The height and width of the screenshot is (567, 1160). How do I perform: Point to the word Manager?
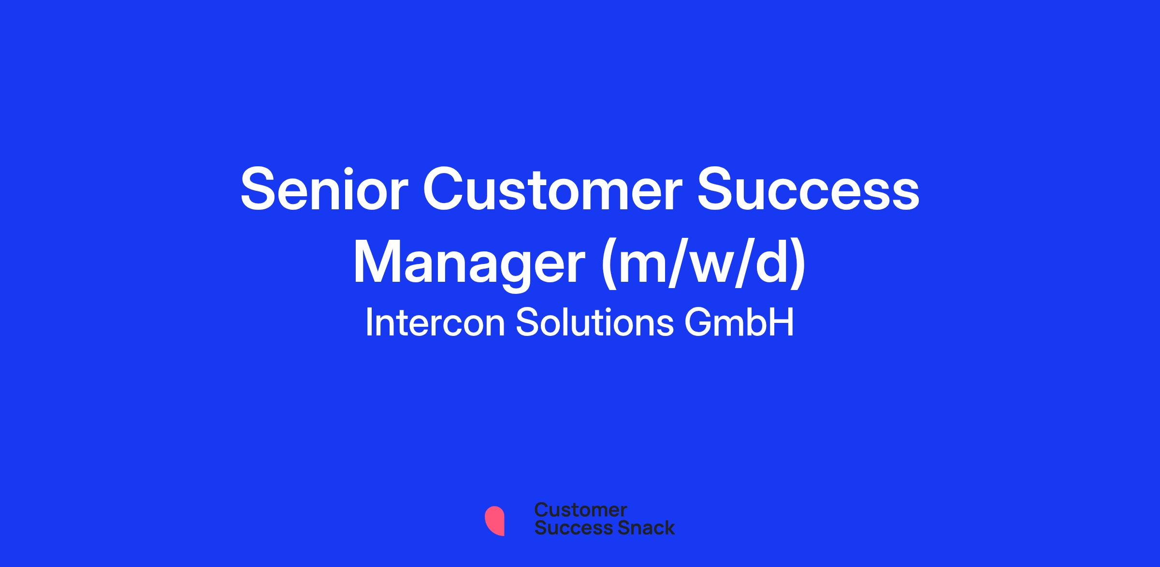click(469, 264)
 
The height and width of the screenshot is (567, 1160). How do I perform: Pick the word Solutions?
click(594, 322)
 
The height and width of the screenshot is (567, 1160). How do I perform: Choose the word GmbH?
click(739, 322)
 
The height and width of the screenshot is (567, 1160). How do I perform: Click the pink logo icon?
click(494, 521)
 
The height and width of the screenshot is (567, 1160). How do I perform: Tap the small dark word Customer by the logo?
click(580, 509)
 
